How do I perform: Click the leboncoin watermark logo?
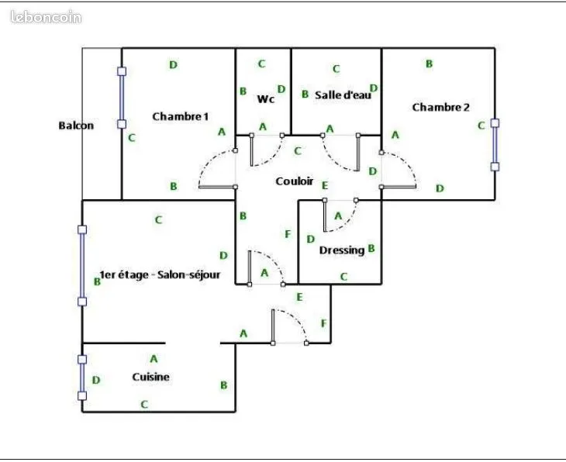pos(47,17)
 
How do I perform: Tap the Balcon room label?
pos(76,126)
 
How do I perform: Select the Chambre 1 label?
pos(180,116)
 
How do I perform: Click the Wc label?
pos(266,98)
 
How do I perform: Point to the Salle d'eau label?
pos(343,95)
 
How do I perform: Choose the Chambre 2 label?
pos(440,107)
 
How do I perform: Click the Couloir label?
pos(294,181)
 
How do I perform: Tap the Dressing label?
pos(342,250)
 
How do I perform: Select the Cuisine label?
pos(150,377)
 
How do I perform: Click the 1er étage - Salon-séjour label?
pos(160,274)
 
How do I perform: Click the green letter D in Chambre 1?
pos(173,65)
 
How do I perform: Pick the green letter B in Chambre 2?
pos(430,64)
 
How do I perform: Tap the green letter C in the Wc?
pos(262,64)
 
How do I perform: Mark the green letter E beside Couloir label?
pos(325,185)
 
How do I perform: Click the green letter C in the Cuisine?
pos(144,405)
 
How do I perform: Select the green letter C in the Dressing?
pos(343,277)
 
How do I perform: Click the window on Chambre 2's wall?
pos(495,145)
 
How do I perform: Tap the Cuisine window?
pos(82,378)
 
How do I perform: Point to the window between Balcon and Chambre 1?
pos(122,98)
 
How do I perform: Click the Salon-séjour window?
pos(82,265)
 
